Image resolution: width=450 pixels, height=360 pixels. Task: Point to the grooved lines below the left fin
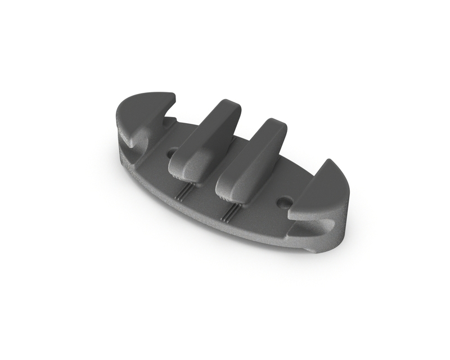click(x=183, y=192)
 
